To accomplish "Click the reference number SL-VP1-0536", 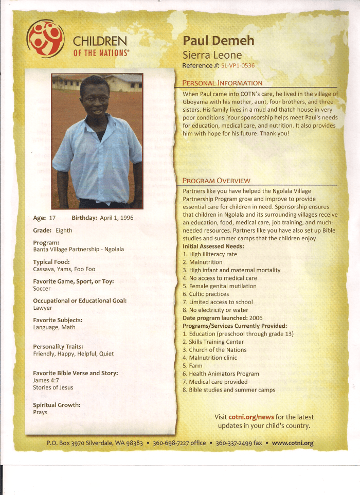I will point(238,66).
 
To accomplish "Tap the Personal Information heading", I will point(222,83).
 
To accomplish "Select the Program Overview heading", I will point(217,181).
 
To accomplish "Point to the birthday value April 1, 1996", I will point(116,218).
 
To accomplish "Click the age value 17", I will point(52,218).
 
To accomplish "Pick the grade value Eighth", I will point(64,231).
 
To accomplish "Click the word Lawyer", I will point(43,308).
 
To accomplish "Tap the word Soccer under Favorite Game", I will point(42,289).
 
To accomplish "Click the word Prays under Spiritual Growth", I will point(40,412).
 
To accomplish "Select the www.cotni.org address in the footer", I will point(292,443).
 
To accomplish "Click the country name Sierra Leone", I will point(212,55).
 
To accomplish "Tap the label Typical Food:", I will point(51,262).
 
